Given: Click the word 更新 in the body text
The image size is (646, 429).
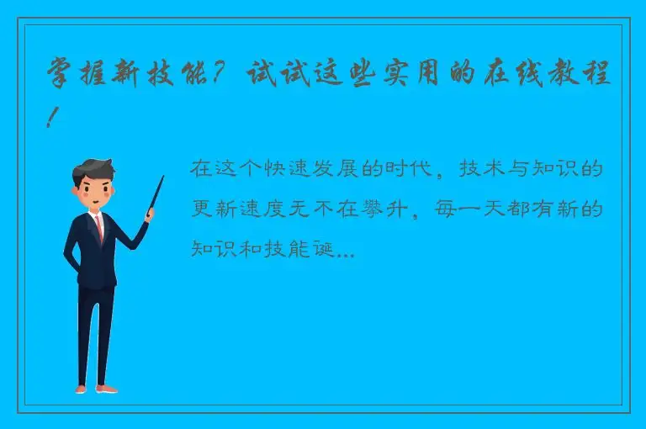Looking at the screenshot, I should click(x=211, y=209).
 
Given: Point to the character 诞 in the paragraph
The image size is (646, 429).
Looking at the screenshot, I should click(x=325, y=249).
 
